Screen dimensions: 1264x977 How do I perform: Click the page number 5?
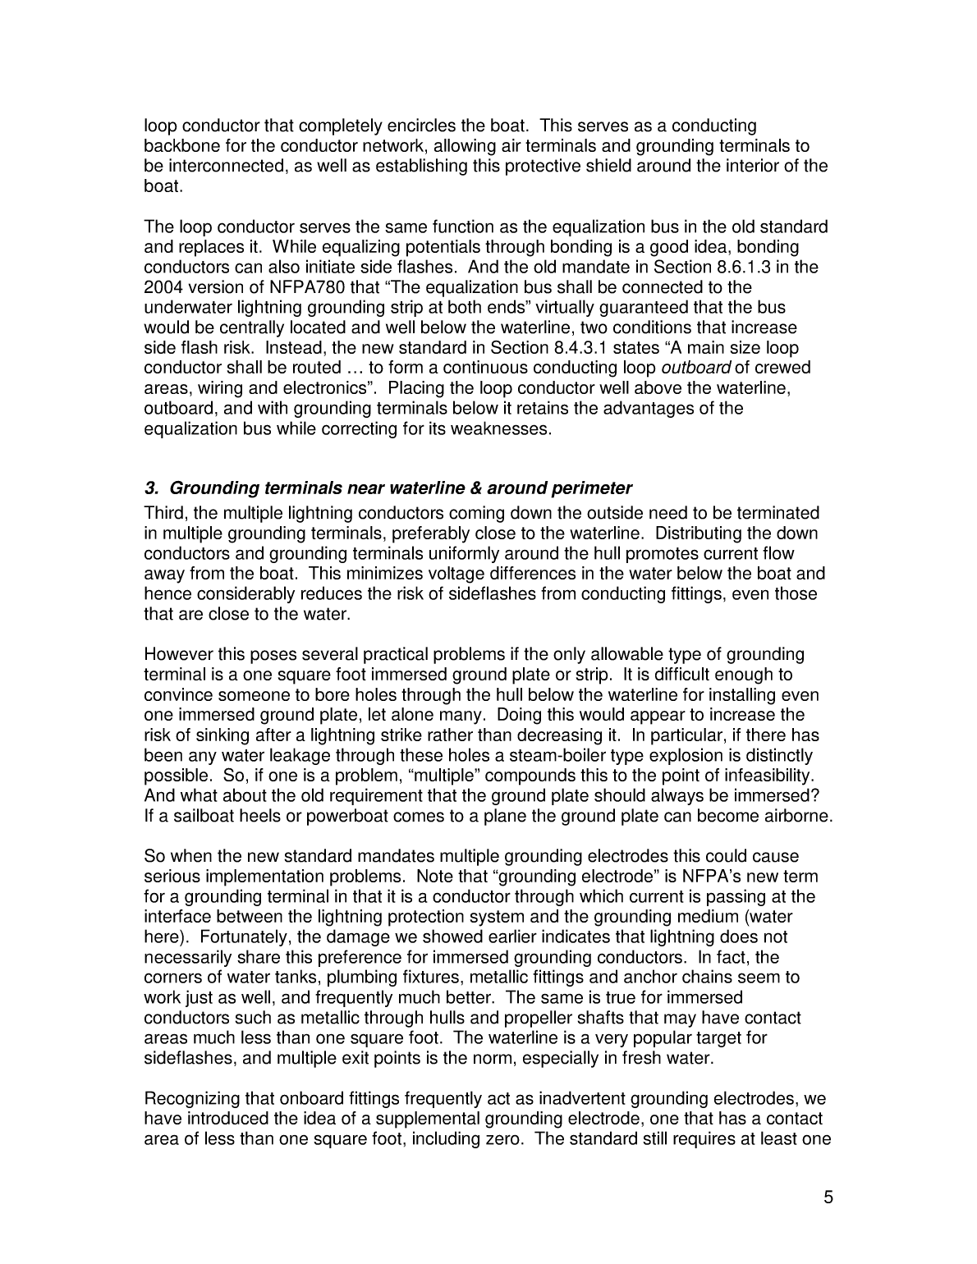[828, 1197]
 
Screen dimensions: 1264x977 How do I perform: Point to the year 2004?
[162, 287]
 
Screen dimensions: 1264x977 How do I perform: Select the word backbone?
[178, 146]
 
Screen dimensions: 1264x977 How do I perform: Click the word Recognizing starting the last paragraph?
[189, 1098]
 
